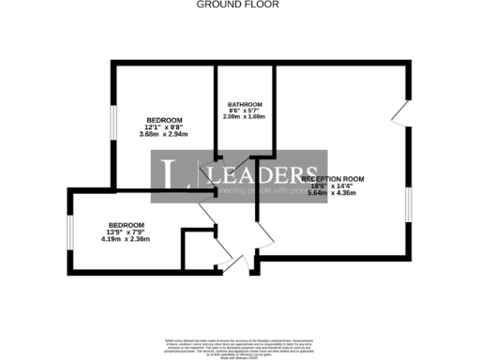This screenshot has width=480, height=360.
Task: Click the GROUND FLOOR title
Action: pos(238,5)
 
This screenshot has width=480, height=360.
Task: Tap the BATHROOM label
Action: pos(245,104)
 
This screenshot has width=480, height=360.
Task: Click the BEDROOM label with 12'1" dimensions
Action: pos(164,120)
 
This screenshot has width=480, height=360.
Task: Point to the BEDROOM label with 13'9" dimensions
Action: pos(126,225)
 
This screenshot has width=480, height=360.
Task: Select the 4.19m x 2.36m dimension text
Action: pos(126,241)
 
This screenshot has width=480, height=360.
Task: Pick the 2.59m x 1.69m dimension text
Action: pos(245,117)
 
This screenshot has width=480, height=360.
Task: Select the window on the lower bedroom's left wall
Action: pos(71,234)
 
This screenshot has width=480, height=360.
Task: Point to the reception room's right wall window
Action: pos(408,205)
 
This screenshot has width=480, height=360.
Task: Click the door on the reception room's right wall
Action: pos(401,113)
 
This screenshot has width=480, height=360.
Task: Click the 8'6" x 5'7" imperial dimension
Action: pos(245,111)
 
